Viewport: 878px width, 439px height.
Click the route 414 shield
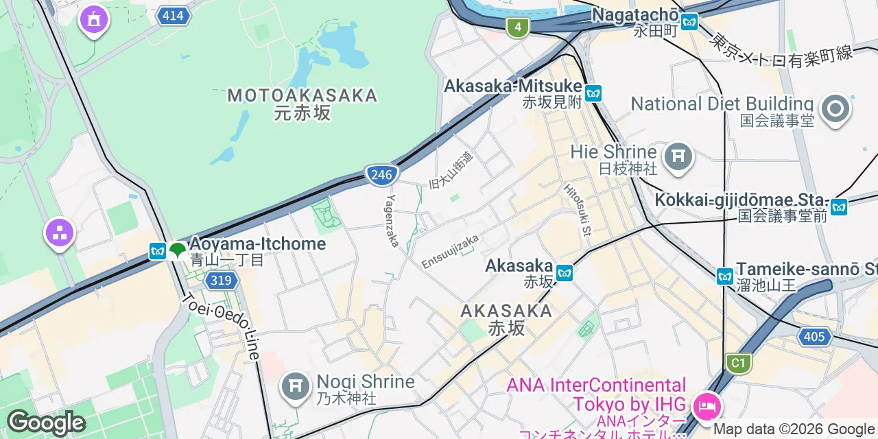[173, 15]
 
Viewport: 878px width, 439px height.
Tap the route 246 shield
[381, 175]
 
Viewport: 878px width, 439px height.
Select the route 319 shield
[221, 280]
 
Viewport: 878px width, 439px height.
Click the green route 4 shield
[518, 27]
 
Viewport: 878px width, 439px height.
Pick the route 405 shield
[814, 336]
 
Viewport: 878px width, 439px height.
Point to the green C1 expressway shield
[738, 362]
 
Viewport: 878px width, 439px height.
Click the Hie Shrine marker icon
[678, 157]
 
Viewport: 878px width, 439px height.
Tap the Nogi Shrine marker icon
[296, 387]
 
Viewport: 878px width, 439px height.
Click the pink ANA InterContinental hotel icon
[704, 407]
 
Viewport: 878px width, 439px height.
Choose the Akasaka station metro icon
[565, 272]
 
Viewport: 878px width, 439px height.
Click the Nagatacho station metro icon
[689, 21]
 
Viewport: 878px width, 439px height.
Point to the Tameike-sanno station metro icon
[725, 276]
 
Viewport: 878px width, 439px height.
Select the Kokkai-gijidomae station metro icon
[838, 206]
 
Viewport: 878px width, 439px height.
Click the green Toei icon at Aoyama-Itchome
[178, 250]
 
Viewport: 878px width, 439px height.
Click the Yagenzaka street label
[392, 220]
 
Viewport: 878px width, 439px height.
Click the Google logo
[45, 423]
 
